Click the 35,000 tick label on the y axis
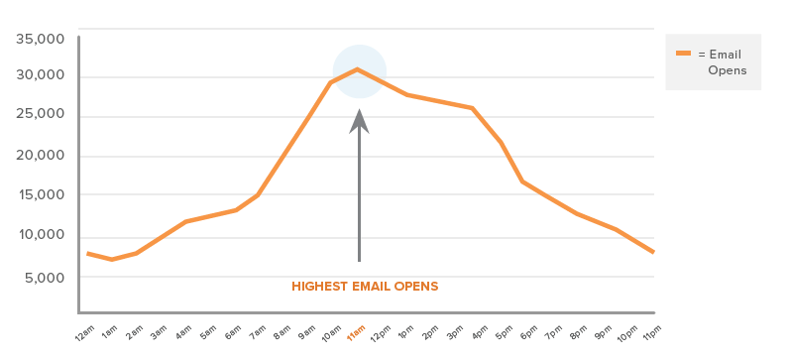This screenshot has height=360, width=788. (43, 39)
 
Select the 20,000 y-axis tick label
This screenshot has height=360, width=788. (43, 157)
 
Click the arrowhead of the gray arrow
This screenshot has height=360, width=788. (359, 120)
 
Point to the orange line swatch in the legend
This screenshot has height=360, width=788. (683, 53)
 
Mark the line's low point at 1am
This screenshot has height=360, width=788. (112, 260)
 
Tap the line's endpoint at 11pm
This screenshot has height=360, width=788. (653, 252)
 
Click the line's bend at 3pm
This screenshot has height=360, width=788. (473, 108)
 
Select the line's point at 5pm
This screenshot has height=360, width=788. (522, 181)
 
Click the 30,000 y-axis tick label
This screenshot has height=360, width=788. (43, 76)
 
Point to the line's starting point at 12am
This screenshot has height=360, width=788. (87, 253)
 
